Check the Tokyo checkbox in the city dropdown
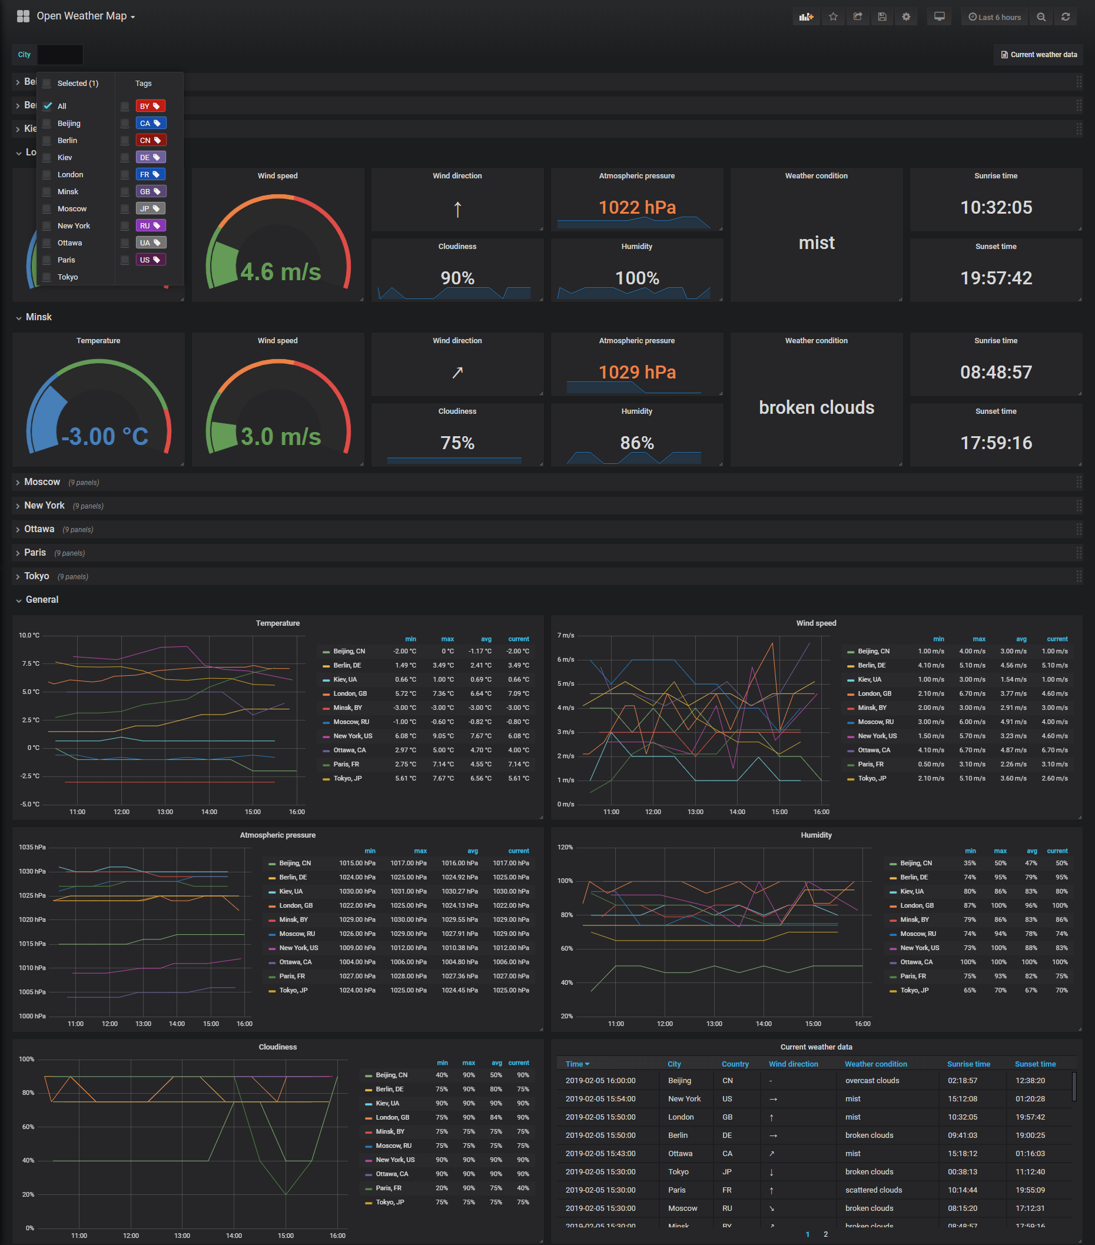coord(47,277)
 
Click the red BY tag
coord(149,106)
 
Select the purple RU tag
coord(149,225)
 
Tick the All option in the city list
coord(48,106)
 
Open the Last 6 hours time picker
coord(994,17)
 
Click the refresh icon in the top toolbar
coord(1065,17)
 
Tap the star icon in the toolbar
coord(833,17)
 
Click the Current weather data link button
coord(1038,55)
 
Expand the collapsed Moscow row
coord(42,482)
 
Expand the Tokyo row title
coord(36,576)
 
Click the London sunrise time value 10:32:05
coord(996,208)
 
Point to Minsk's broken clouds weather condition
coord(816,407)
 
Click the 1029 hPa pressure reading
coord(637,372)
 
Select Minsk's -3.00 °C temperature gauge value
coord(105,436)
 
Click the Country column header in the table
coord(735,1064)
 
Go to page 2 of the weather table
coord(825,1234)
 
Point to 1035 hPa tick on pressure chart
coord(32,847)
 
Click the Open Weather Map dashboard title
coord(82,16)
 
